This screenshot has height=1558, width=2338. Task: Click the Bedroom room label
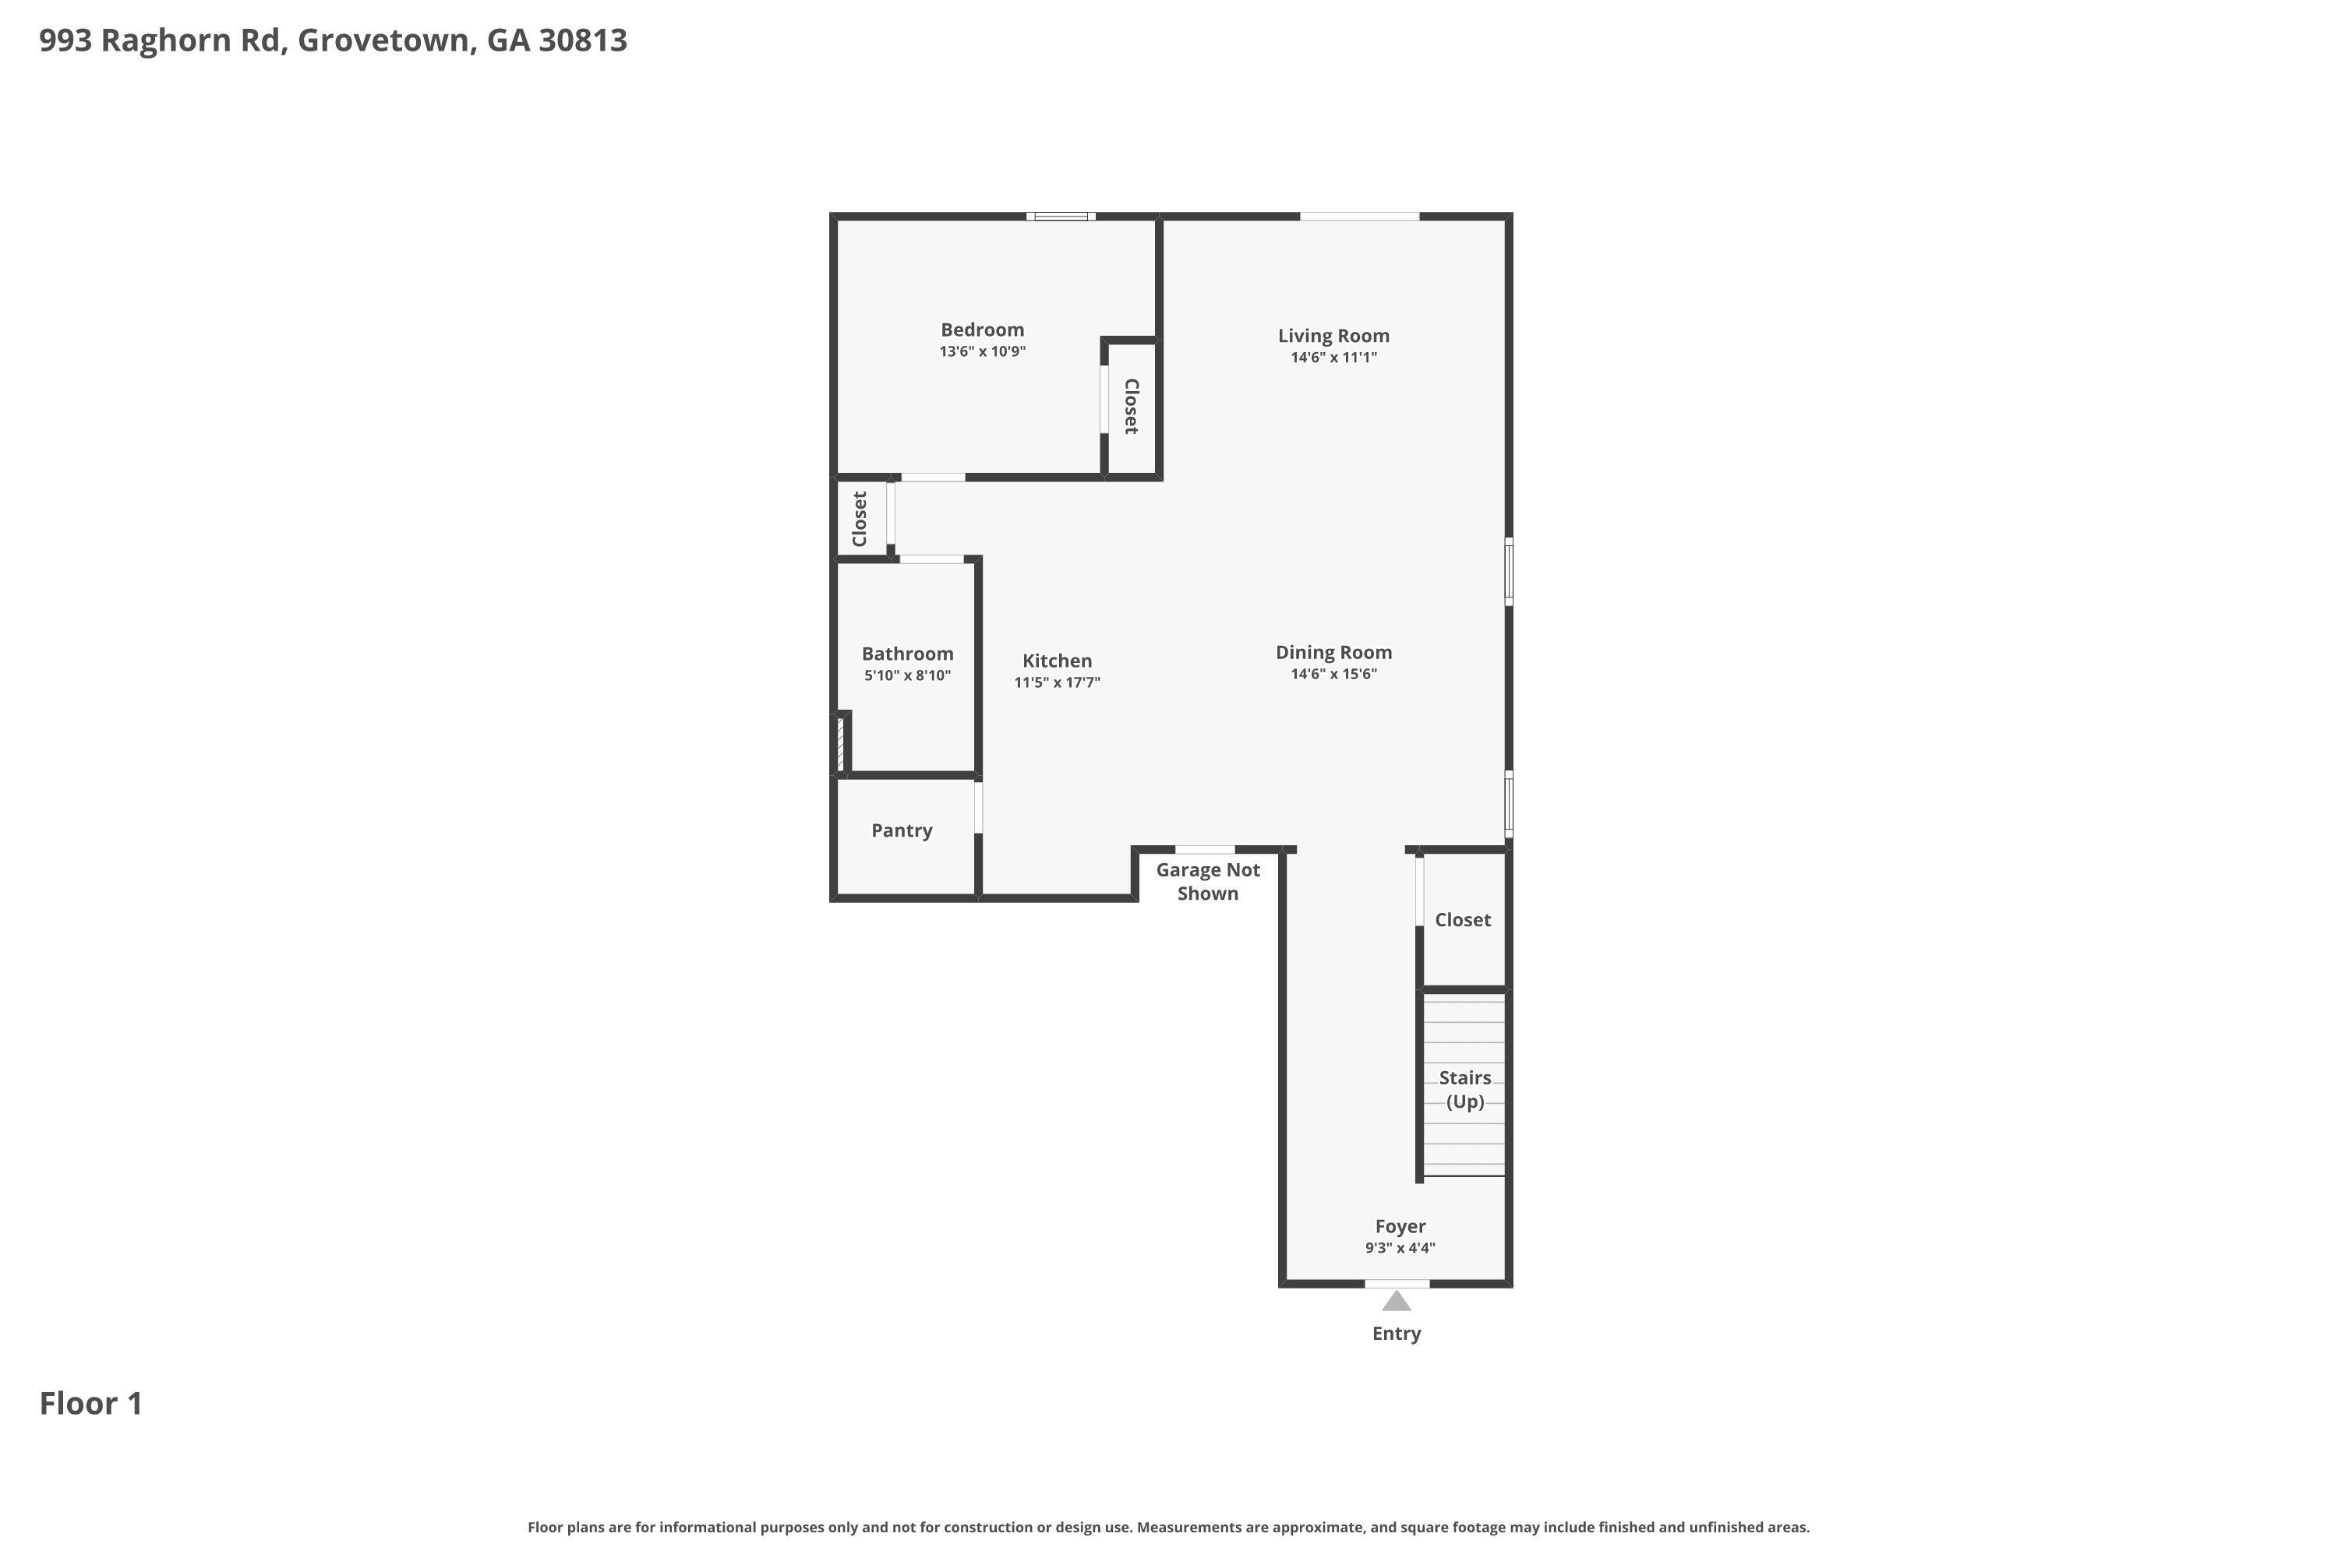(982, 330)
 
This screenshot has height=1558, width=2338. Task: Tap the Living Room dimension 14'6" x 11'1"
(1333, 358)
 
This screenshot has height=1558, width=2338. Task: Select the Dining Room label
(1333, 653)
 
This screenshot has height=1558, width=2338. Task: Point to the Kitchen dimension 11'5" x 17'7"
(1057, 682)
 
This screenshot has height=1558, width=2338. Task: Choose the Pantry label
(902, 830)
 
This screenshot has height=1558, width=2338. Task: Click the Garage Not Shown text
(1208, 881)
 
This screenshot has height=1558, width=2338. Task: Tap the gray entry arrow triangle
(1397, 1302)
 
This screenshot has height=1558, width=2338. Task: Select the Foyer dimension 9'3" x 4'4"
(1400, 1248)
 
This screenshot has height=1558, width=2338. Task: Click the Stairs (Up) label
(1464, 1089)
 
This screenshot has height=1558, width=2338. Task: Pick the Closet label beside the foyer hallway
(1462, 920)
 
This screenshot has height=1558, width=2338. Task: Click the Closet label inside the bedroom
(1132, 407)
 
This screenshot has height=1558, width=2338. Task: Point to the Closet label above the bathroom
(860, 519)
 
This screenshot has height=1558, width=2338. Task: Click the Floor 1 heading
(90, 1403)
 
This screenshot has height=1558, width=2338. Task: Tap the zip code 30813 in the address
(582, 40)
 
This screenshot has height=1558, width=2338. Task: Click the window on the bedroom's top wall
(1061, 216)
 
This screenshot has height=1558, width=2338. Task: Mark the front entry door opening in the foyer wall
(1397, 1284)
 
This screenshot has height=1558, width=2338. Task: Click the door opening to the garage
(1205, 850)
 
